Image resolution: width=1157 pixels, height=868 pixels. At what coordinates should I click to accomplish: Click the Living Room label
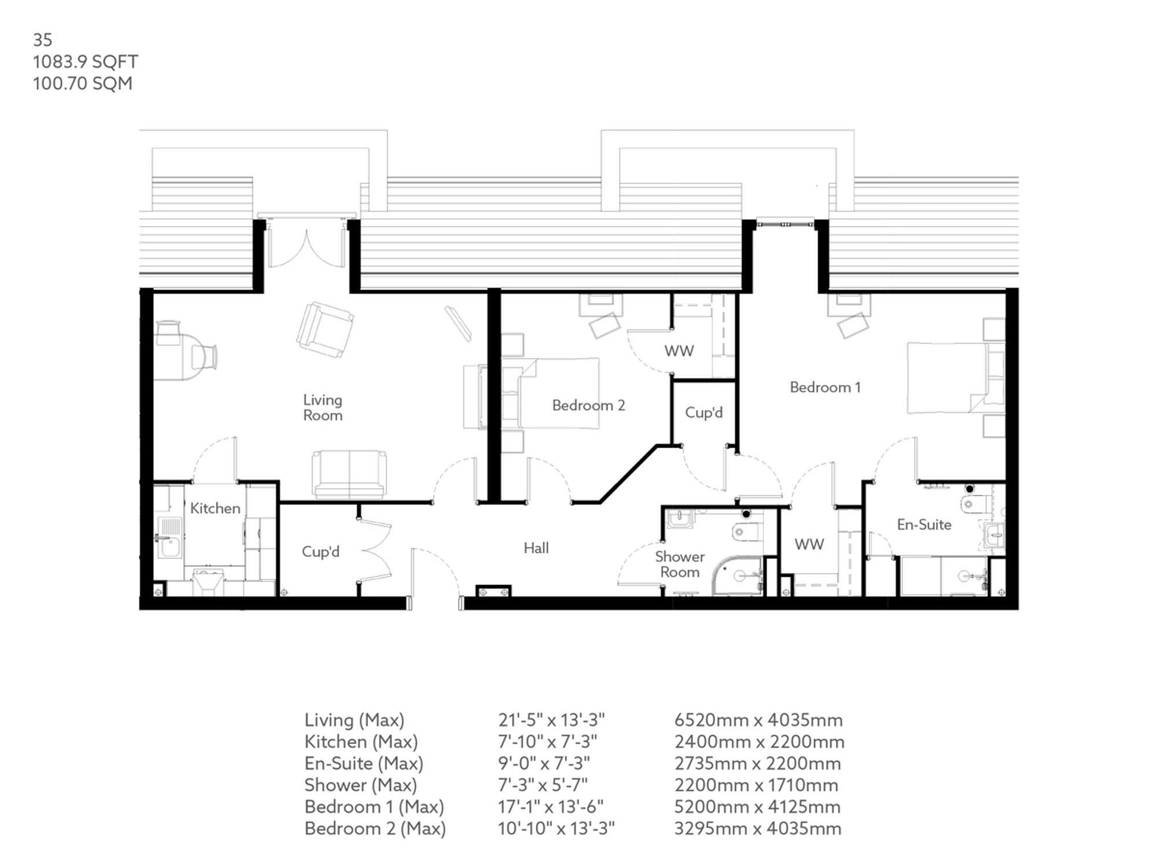tap(323, 408)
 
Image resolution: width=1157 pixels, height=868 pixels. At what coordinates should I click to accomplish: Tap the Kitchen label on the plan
tap(215, 508)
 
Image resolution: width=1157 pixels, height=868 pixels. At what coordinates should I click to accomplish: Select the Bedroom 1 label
tap(825, 387)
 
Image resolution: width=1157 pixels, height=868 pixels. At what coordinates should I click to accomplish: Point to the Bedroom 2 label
tap(588, 405)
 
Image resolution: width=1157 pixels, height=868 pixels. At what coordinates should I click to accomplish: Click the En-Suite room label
tap(924, 525)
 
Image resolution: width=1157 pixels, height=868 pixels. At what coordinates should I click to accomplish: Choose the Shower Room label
tap(680, 564)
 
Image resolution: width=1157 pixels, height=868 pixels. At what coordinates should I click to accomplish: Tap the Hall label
tap(536, 548)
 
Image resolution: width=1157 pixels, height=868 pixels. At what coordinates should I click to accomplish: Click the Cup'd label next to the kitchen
tap(320, 552)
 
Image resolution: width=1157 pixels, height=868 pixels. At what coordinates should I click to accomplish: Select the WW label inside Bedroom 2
tap(679, 351)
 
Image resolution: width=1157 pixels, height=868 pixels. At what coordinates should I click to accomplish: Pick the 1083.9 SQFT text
tap(86, 62)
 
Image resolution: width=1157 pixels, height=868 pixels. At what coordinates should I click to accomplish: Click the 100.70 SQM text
tap(83, 83)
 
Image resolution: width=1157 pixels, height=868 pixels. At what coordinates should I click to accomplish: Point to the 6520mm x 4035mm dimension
tap(758, 720)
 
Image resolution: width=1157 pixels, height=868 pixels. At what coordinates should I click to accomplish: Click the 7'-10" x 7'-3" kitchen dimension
tap(547, 741)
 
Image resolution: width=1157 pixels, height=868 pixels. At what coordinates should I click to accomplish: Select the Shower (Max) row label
tap(360, 785)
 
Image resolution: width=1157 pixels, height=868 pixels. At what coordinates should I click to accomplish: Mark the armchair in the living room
tap(325, 329)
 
